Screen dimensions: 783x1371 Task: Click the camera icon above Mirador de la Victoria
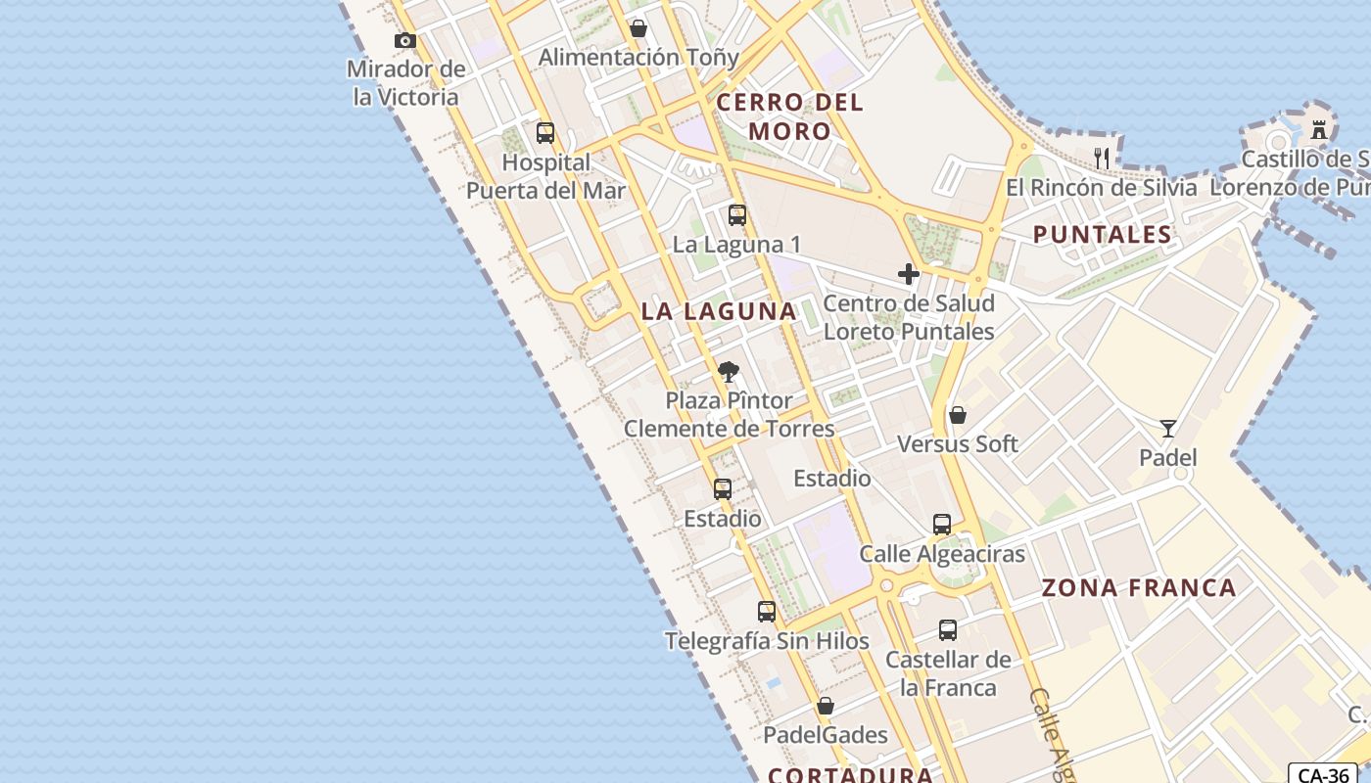pos(404,40)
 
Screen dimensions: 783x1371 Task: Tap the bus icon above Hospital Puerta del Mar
pos(545,133)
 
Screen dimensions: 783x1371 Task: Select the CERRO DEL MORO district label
pos(790,116)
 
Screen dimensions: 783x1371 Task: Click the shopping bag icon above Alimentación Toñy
pos(638,28)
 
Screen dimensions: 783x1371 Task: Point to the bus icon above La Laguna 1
pos(737,215)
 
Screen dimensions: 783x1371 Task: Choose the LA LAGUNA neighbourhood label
pos(719,311)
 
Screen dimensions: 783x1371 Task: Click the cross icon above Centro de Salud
pos(908,274)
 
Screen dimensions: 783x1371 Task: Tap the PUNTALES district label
pos(1103,234)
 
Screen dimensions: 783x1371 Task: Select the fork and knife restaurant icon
pos(1102,157)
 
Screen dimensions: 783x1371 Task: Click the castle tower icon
pos(1319,128)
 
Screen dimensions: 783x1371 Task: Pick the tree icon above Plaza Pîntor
pos(728,372)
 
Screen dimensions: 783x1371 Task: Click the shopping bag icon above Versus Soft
pos(958,415)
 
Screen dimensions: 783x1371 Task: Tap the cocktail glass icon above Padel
pos(1167,429)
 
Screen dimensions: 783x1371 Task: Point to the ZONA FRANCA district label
pos(1139,588)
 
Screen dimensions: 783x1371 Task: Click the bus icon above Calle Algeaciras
pos(942,525)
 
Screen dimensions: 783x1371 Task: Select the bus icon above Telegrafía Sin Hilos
pos(767,612)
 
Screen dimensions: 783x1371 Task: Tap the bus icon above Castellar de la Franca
pos(948,630)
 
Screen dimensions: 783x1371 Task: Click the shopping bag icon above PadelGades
pos(826,706)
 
